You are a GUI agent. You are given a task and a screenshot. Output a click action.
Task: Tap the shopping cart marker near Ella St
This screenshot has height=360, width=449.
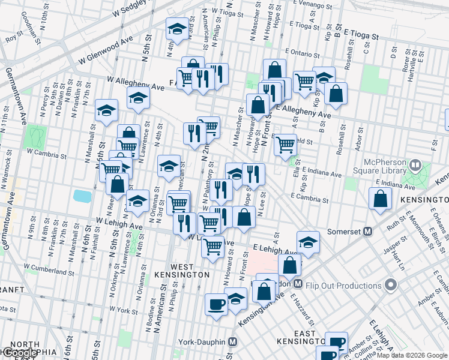coord(286,145)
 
